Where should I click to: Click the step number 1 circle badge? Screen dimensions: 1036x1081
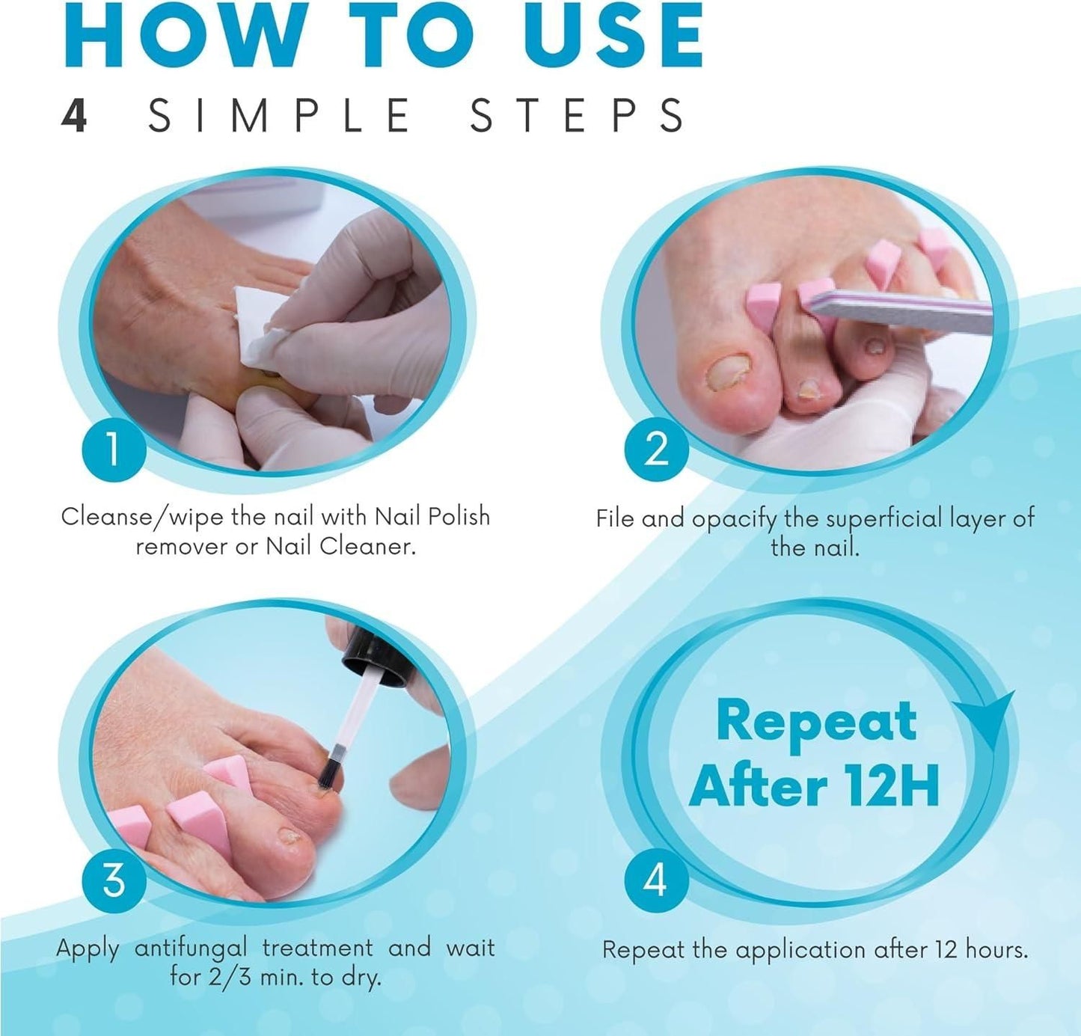[x=112, y=450]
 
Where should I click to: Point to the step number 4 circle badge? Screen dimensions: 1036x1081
[x=656, y=880]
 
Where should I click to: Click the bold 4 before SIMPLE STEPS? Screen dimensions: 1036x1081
[x=75, y=116]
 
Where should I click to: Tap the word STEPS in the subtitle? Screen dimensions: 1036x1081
[x=576, y=116]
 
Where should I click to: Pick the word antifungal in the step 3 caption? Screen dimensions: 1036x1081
[x=191, y=948]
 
